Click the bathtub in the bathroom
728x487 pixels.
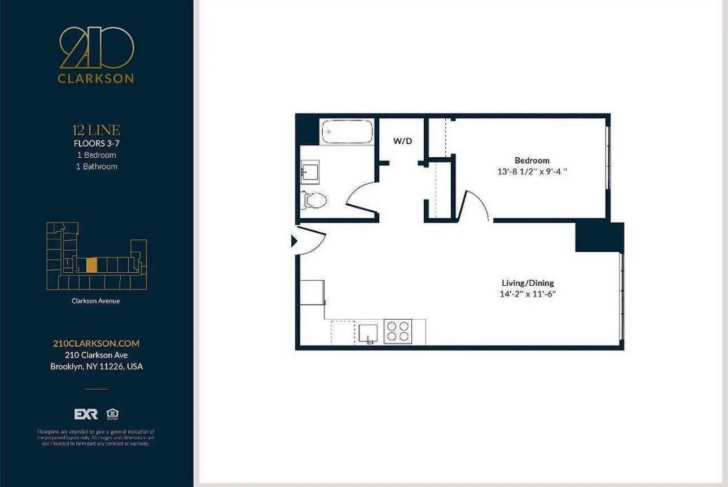(x=347, y=132)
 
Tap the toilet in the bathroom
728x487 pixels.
(x=314, y=200)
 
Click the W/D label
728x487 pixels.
(x=403, y=141)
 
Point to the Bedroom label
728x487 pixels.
(x=532, y=161)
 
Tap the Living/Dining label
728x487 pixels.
(x=528, y=283)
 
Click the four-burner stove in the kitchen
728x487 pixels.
(x=398, y=331)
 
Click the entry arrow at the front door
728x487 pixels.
(x=294, y=242)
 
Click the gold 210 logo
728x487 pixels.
(x=96, y=48)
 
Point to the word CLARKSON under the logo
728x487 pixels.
(x=96, y=79)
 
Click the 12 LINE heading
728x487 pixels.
(x=96, y=131)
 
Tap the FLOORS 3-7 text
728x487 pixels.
(x=96, y=143)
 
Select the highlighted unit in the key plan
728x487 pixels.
(x=92, y=265)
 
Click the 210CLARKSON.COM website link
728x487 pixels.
(x=95, y=343)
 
